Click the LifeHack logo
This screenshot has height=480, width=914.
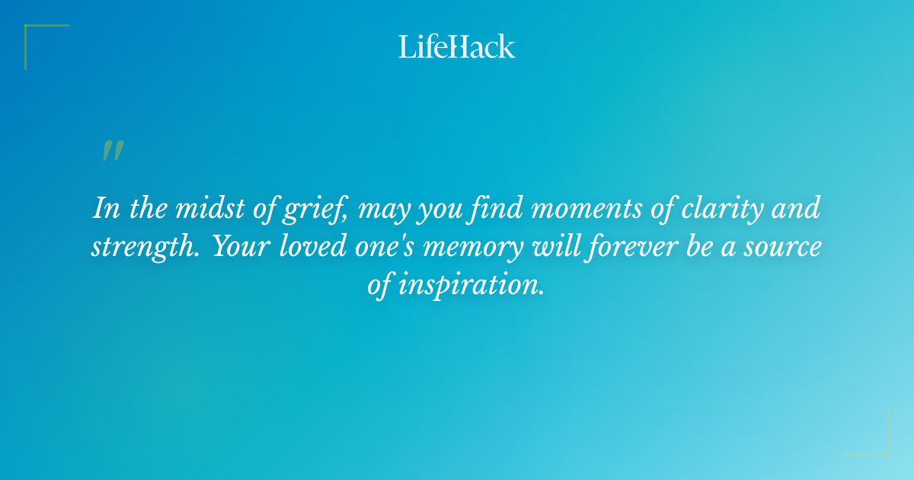[x=457, y=46]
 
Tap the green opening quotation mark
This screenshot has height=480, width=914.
[x=112, y=151]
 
